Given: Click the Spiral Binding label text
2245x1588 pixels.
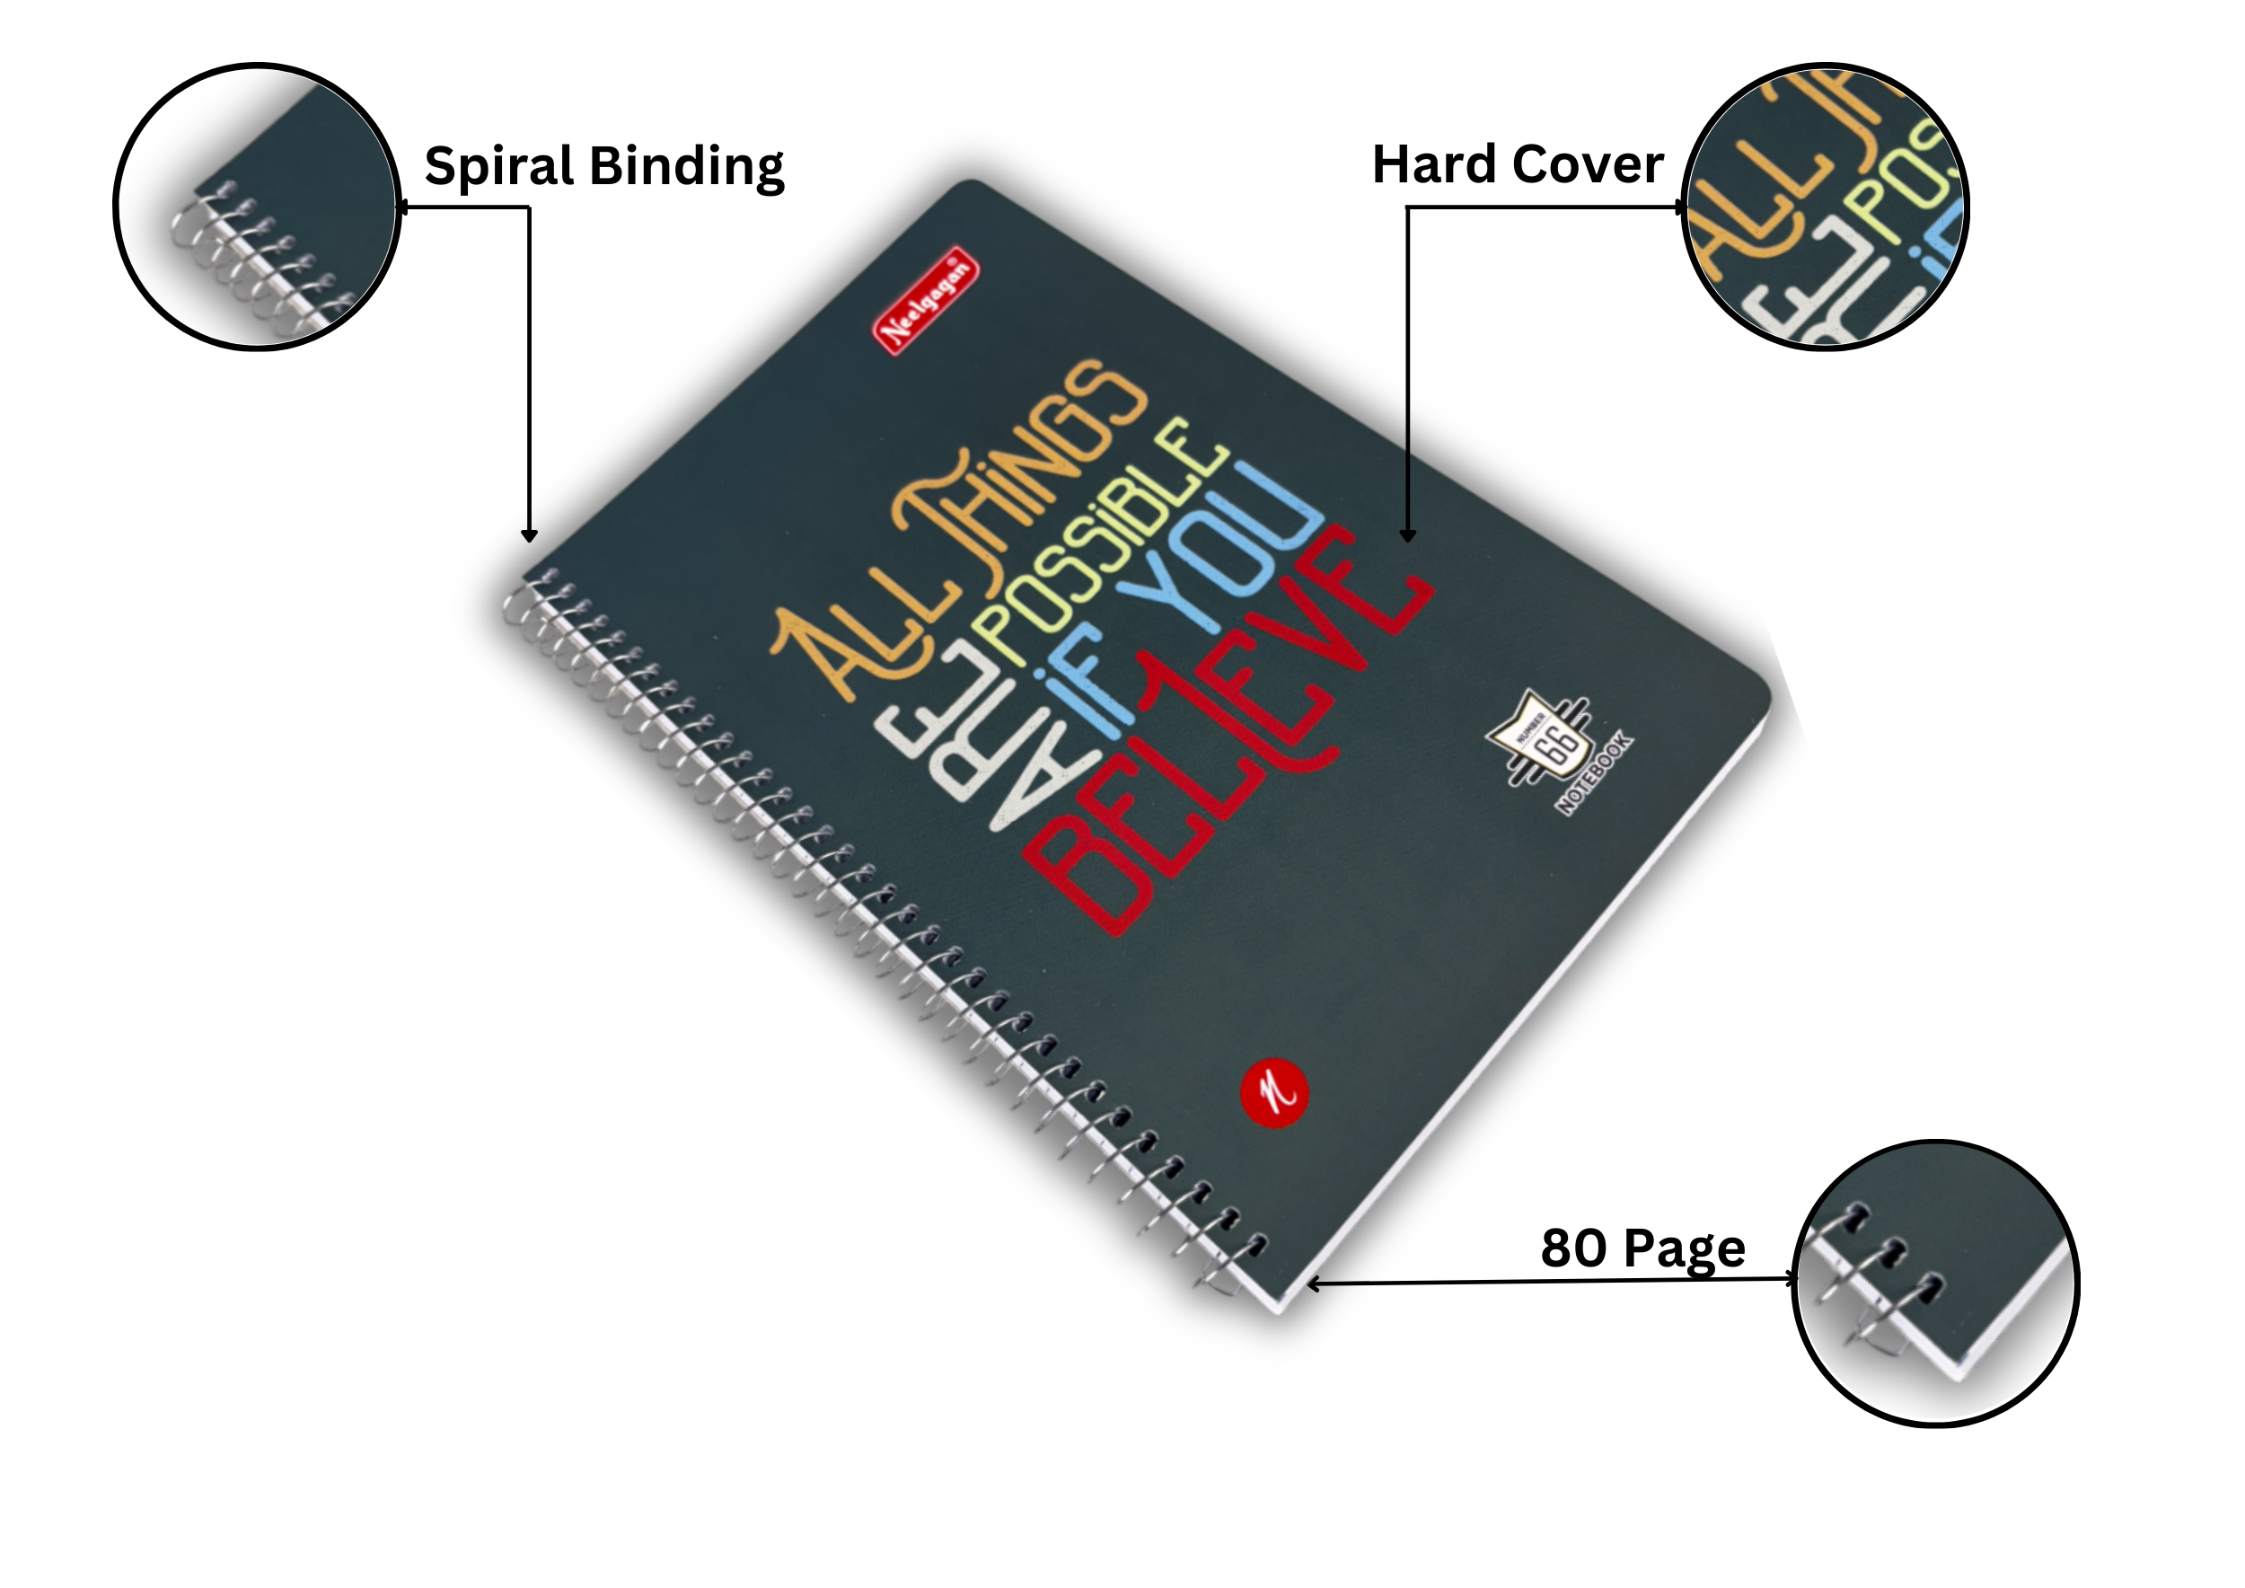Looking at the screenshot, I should click(603, 166).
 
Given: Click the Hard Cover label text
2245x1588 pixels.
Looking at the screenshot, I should click(1517, 164).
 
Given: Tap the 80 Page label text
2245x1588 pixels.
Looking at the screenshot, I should click(1642, 1248).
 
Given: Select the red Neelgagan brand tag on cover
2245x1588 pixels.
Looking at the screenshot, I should click(925, 300).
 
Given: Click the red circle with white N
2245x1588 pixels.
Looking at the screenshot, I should click(1273, 1093).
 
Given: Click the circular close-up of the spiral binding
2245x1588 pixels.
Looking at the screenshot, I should click(257, 207).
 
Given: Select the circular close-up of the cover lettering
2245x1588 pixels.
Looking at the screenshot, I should click(1825, 207).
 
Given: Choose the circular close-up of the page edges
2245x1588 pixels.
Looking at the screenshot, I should click(1936, 1283).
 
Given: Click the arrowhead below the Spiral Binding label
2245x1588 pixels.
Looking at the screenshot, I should click(529, 535).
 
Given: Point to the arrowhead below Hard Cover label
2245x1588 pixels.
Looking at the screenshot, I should click(1407, 535).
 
